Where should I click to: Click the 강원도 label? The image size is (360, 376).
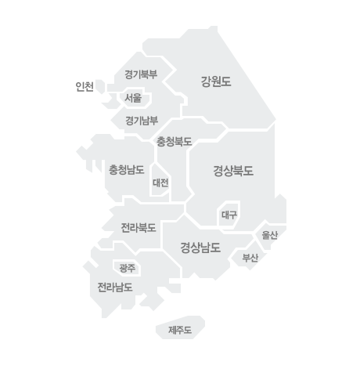pos(216,81)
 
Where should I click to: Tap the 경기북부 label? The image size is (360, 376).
pos(141,74)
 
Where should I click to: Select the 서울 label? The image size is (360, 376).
pos(133,98)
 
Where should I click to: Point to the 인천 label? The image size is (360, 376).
pos(85,86)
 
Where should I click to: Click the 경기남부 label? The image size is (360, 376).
pos(142,121)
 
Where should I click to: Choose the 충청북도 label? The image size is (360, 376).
pos(174,142)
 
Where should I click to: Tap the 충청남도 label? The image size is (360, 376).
pos(126,170)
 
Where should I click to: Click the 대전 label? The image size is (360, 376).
pos(160,183)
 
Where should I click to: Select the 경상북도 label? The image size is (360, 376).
pos(233,171)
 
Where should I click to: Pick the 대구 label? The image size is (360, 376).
pos(229,215)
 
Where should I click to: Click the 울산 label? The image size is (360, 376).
pos(269,235)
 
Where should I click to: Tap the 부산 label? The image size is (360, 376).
pos(250,258)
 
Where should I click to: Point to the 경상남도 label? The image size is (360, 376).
pos(200,248)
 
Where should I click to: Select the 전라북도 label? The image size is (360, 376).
pos(139,228)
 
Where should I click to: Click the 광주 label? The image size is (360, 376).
pos(128,268)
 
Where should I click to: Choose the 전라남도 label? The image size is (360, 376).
pos(115,287)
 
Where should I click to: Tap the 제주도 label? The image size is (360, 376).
pos(180,331)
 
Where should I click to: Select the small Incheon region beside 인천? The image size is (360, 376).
pos(100,86)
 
